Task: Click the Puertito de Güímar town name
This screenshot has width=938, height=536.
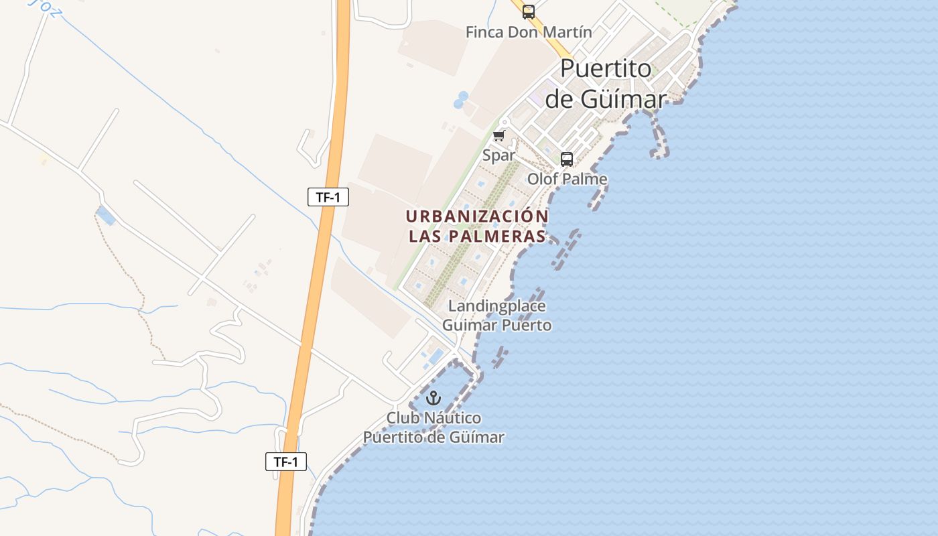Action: point(606,84)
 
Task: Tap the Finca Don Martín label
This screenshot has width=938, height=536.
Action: point(529,32)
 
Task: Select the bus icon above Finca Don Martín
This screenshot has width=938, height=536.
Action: point(529,11)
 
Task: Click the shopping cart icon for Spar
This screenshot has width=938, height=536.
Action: point(498,136)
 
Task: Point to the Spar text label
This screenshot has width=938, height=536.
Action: point(499,155)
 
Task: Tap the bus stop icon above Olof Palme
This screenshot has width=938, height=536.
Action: point(567,159)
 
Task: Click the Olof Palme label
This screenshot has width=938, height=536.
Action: point(567,179)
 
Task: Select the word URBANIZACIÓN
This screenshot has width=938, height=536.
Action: point(477,216)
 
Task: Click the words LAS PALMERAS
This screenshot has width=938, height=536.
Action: point(477,237)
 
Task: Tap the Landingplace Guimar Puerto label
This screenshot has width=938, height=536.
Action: point(496,316)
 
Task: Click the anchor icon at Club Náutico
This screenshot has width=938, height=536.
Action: point(434,398)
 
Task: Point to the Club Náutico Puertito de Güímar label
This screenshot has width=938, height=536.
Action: point(433,427)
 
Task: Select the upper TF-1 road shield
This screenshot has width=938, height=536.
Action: point(328,197)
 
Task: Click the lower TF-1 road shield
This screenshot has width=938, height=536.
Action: point(286,462)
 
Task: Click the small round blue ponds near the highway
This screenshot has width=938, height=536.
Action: point(461,100)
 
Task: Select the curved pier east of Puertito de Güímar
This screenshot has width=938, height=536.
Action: point(660,137)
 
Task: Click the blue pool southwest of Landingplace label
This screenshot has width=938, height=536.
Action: point(435,355)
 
